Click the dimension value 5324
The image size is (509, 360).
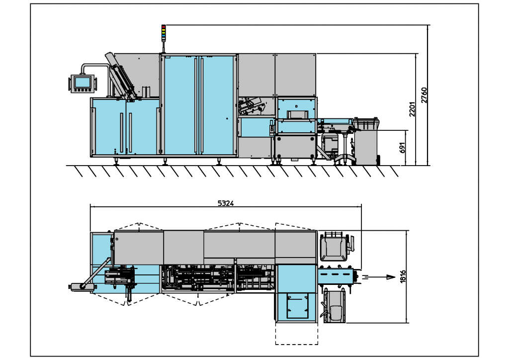click(x=226, y=203)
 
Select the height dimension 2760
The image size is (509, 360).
click(x=424, y=94)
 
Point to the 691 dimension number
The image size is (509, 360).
click(x=403, y=148)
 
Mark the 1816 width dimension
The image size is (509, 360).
click(x=403, y=277)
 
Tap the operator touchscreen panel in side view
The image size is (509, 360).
click(x=82, y=82)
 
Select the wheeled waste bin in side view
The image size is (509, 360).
click(x=366, y=141)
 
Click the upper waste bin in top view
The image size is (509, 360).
click(x=334, y=246)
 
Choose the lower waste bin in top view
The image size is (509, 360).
click(x=334, y=307)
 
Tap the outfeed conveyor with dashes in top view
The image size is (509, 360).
click(x=337, y=274)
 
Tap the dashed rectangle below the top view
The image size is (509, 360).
click(x=296, y=334)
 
